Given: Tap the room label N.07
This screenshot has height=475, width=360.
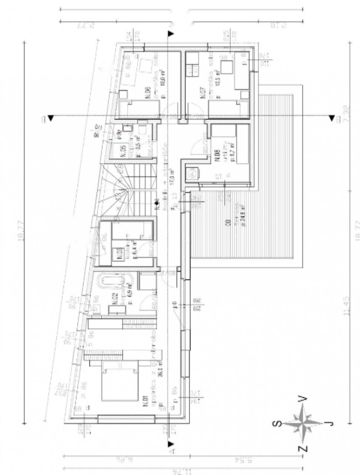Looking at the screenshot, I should [203, 93].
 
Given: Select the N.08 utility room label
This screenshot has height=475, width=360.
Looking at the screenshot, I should [217, 154].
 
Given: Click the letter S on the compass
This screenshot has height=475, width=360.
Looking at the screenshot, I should [276, 424].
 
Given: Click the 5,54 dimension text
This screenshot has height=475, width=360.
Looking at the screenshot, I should [243, 460].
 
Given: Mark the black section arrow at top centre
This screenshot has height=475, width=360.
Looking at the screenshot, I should [171, 34].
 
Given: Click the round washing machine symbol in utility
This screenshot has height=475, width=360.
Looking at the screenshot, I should [192, 173].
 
